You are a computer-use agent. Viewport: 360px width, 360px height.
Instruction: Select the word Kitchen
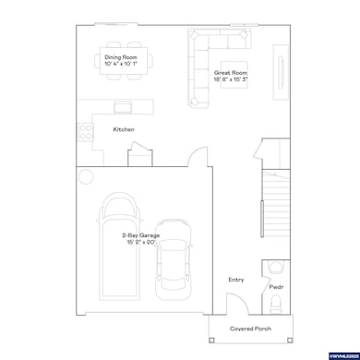(x=124, y=129)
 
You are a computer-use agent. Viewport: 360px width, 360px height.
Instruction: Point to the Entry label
(x=236, y=279)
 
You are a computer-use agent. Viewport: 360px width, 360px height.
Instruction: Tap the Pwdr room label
(x=275, y=287)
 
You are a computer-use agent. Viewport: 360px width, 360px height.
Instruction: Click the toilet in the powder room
(x=276, y=268)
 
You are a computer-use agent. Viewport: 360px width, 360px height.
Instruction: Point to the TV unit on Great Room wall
(x=278, y=70)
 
